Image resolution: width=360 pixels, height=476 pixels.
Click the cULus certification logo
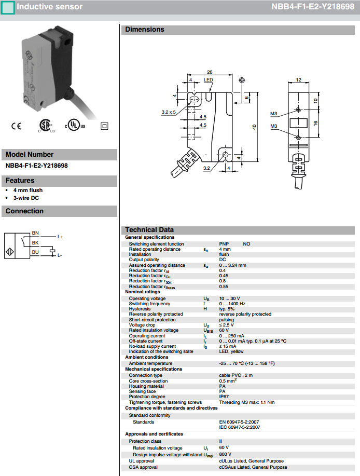point(75,126)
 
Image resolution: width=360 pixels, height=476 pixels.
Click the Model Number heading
point(30,154)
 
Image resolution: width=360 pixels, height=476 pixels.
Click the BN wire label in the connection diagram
point(35,233)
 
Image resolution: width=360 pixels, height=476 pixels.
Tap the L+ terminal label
point(60,237)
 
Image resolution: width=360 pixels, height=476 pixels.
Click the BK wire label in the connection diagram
point(35,242)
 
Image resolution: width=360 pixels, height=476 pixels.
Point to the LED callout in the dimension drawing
point(208,80)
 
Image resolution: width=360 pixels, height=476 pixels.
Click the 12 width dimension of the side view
point(298,79)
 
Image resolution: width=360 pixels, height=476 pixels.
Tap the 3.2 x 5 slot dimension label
point(169,112)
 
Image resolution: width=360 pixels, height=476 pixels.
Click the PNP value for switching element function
point(224,243)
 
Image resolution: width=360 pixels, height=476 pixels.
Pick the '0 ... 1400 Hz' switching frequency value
point(232,304)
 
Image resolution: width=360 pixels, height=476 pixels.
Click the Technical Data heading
point(149,229)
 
